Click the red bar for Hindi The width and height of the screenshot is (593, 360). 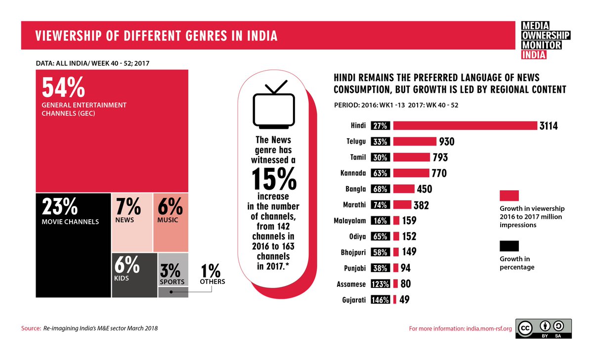pos(465,126)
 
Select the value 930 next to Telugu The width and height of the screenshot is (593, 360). pos(446,142)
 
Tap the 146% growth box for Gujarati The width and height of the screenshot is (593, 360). pos(381,300)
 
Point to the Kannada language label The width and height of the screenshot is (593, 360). pos(353,173)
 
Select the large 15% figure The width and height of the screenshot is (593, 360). pos(273,179)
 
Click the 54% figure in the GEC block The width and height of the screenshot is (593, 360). pos(63,88)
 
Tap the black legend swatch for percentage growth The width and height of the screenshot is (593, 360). pos(509,246)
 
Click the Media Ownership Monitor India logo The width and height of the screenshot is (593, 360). pos(546,40)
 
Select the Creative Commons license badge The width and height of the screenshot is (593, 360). pos(543,328)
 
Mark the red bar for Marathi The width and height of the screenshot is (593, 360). pos(402,205)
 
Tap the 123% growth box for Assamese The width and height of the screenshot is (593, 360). pos(381,284)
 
